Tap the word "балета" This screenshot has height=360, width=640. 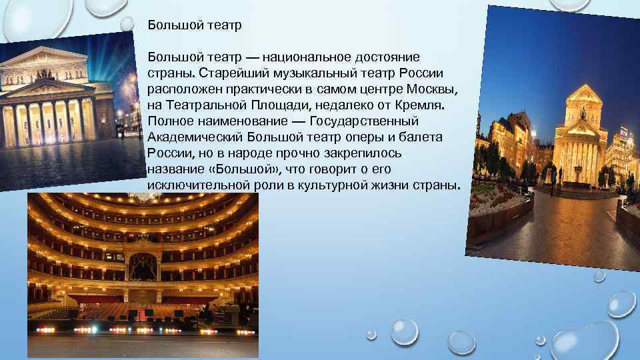pyautogui.click(x=422, y=137)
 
